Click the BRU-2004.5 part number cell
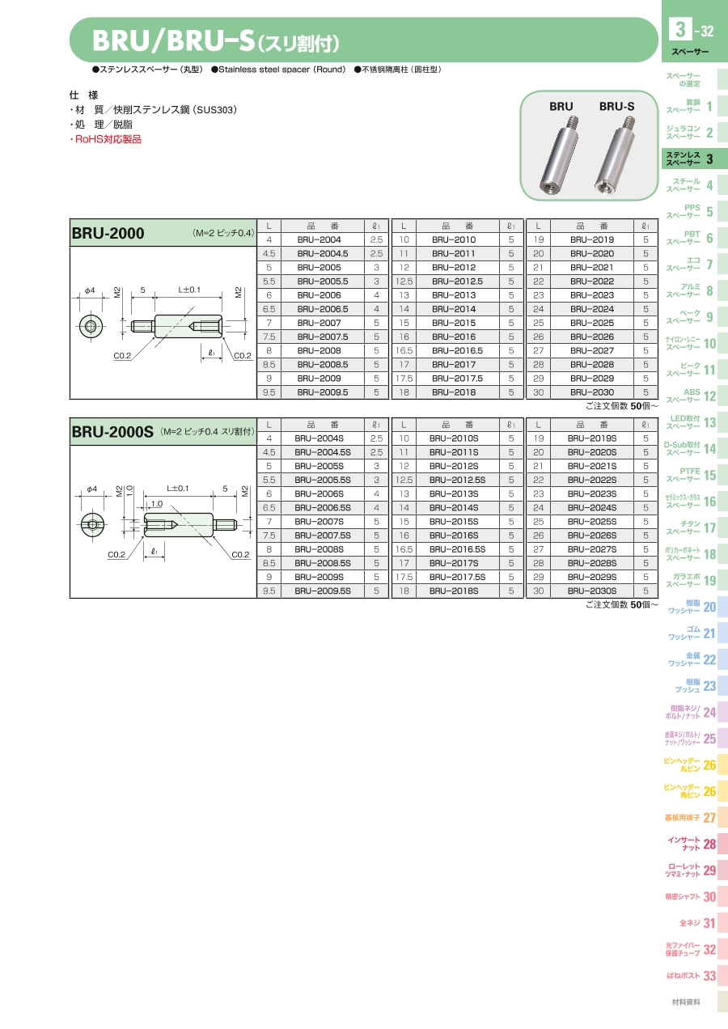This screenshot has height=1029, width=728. pos(323,253)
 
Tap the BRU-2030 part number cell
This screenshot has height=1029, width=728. pos(591,392)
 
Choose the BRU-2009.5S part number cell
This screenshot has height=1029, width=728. pos(323,591)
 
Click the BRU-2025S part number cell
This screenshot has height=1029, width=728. pos(591,522)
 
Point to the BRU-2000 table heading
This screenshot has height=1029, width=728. pos(108,233)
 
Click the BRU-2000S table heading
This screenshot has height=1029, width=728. pos(112,432)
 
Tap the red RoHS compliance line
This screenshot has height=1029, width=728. pos(106,140)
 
